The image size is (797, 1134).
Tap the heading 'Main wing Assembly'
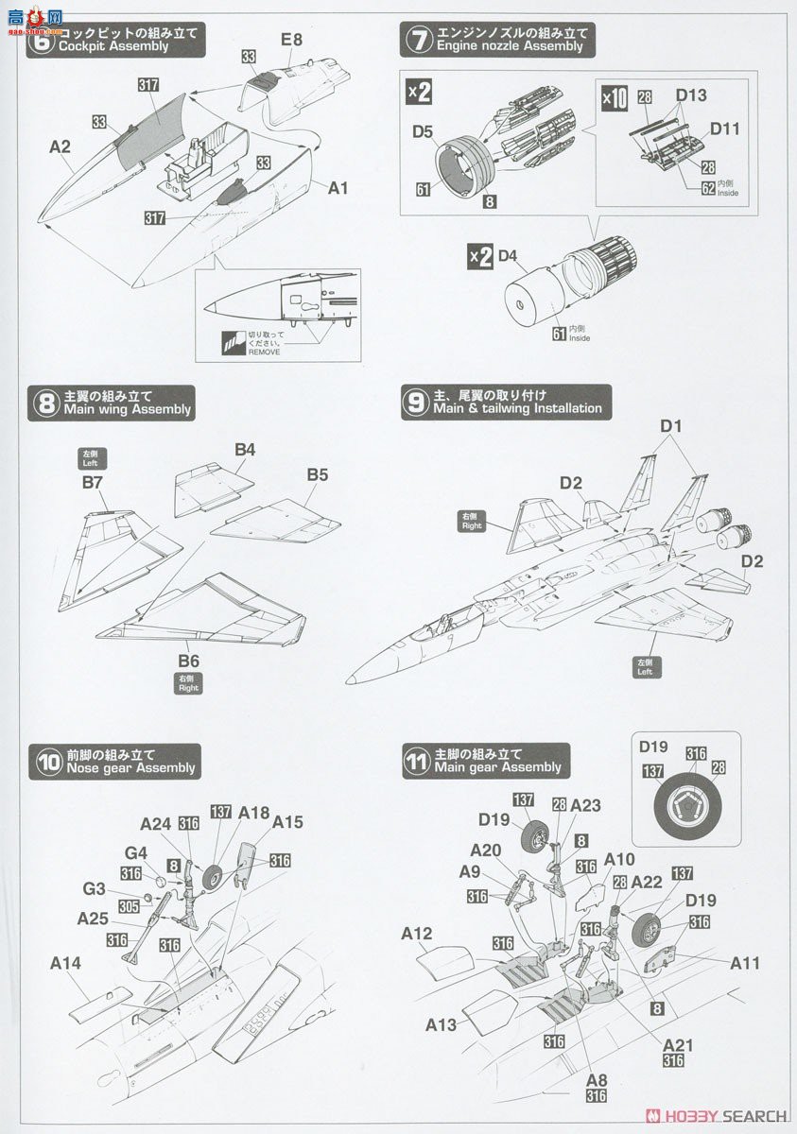click(129, 409)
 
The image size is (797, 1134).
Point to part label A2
click(61, 147)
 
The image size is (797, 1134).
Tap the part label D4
click(509, 256)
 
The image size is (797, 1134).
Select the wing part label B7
click(92, 483)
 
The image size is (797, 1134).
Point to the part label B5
click(317, 474)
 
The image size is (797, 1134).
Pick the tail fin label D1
click(671, 426)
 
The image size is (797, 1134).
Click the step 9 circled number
click(416, 404)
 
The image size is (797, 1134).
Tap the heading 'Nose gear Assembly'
click(130, 768)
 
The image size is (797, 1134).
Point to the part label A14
click(65, 963)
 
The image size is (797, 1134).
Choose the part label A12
click(416, 934)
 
